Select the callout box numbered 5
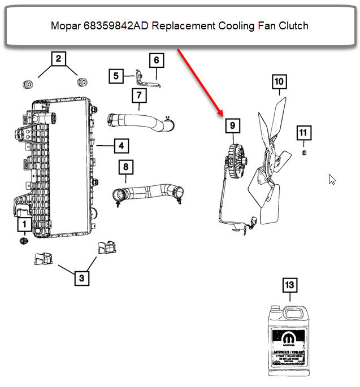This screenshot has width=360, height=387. tap(116, 76)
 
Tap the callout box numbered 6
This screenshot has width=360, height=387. tap(156, 60)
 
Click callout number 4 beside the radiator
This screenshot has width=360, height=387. tap(121, 146)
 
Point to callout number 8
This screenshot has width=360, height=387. tap(126, 167)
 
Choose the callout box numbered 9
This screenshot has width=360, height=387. tap(231, 126)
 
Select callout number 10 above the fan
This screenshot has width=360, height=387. tap(279, 82)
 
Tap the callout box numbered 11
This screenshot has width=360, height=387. tap(303, 133)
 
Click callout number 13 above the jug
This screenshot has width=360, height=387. tap(289, 285)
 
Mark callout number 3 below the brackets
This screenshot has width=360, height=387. tap(81, 278)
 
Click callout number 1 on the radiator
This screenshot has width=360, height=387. tap(24, 225)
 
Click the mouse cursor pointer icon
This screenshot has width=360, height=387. tap(332, 179)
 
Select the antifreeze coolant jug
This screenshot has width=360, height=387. tap(289, 339)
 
